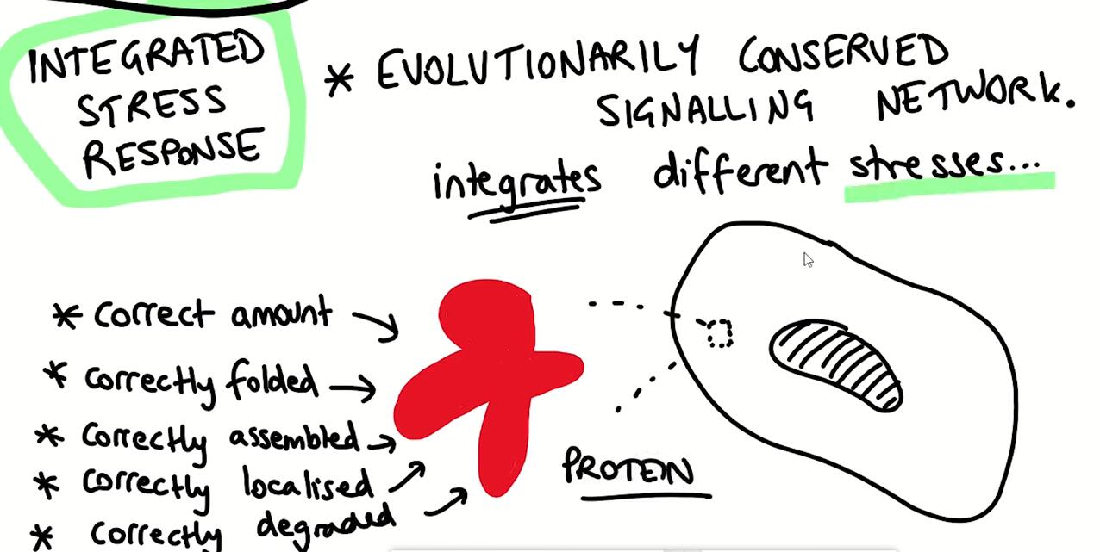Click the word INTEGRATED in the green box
147,58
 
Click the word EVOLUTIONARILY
538,62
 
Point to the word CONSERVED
844,55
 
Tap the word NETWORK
975,100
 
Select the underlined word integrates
516,180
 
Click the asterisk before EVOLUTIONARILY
339,80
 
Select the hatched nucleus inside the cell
837,365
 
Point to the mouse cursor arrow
808,260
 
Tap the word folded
272,381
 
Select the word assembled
294,437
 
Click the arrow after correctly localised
408,476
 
